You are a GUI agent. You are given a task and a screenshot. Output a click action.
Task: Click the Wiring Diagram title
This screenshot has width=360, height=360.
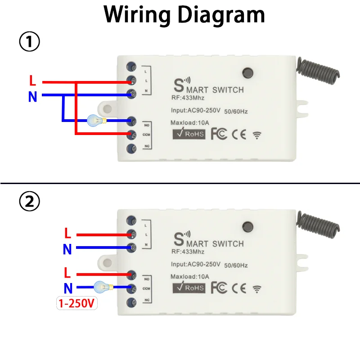coord(184,14)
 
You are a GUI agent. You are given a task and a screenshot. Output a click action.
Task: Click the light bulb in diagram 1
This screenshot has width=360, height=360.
coord(95,120)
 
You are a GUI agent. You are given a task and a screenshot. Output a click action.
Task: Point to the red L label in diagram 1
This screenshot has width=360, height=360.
coord(32,81)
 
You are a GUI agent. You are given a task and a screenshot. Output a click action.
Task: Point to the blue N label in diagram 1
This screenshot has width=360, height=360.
coord(32,96)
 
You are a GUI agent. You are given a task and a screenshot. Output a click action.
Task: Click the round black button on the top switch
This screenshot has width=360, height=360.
coord(247,72)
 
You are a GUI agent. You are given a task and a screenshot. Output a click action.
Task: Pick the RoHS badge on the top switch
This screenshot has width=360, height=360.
coord(189,134)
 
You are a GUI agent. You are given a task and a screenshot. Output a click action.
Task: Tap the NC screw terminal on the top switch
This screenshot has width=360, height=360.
coord(132,148)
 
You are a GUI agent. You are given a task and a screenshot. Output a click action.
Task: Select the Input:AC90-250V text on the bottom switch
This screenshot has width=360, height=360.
coord(195,264)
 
